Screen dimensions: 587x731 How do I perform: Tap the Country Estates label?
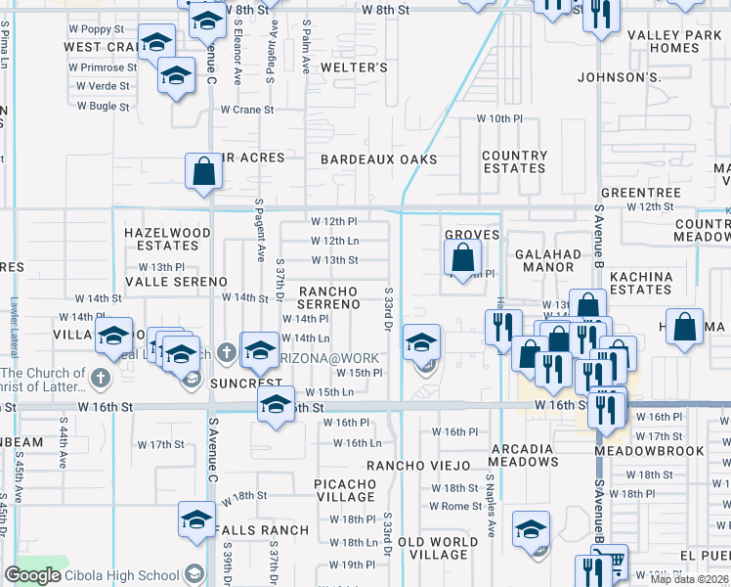click(514, 162)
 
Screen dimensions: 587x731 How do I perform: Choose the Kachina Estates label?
click(641, 284)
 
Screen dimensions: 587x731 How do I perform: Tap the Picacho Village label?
click(345, 490)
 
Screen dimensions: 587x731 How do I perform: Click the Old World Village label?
click(438, 549)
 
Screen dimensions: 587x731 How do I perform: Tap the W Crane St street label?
click(246, 110)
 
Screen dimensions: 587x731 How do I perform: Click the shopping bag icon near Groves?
click(463, 258)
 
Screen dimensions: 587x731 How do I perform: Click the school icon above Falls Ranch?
click(196, 519)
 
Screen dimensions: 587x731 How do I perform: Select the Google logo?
click(33, 575)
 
